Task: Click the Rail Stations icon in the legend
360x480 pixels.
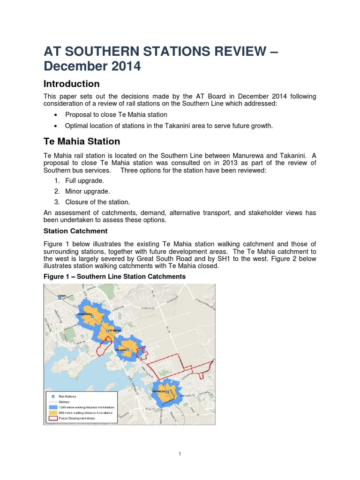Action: [x=53, y=397]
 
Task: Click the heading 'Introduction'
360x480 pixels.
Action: [x=71, y=84]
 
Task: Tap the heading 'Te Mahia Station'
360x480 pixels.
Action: [x=82, y=141]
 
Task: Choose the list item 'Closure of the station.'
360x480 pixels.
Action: [x=97, y=202]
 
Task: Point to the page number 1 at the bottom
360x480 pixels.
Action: [x=180, y=454]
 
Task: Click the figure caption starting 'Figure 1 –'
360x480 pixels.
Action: [x=114, y=277]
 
